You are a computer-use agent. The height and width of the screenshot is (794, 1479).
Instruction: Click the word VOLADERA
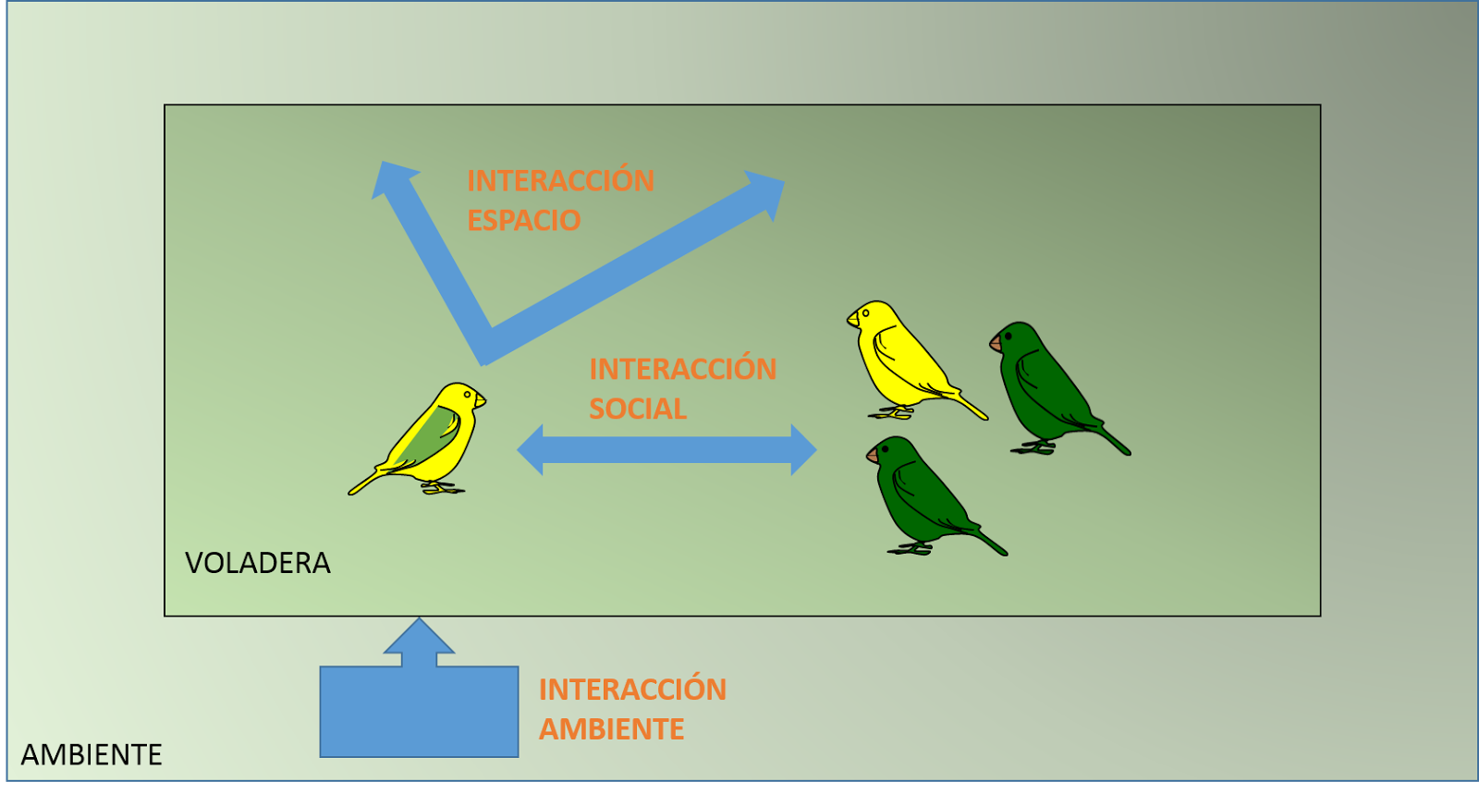click(x=257, y=562)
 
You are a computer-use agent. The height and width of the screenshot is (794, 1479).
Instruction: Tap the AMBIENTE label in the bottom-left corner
click(x=92, y=754)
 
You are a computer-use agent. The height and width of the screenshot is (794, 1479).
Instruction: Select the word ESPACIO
click(x=523, y=220)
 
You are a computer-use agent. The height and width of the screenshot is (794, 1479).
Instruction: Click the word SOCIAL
click(x=638, y=409)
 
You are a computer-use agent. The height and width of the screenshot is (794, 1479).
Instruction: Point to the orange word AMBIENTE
click(x=611, y=729)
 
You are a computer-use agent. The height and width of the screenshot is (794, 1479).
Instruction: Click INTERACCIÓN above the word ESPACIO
click(x=560, y=180)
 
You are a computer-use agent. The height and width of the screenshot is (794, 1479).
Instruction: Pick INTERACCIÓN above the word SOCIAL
click(x=682, y=369)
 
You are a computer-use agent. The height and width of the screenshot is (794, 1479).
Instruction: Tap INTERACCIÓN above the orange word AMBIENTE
click(x=632, y=690)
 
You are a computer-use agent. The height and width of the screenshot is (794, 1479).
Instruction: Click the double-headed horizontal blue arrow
click(x=666, y=450)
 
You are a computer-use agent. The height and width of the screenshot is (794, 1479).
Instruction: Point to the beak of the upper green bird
click(x=996, y=344)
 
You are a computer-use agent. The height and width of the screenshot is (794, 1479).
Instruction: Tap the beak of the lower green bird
click(x=873, y=455)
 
